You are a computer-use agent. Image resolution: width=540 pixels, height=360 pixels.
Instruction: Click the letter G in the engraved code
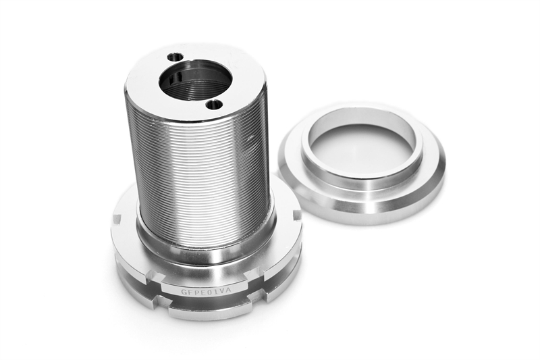click(184, 292)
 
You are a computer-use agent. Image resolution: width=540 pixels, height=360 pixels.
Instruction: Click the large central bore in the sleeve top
click(195, 80)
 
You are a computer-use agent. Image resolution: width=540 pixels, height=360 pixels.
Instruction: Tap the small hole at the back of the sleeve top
click(175, 57)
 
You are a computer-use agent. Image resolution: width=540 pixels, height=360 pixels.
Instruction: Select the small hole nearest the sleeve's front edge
click(214, 104)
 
